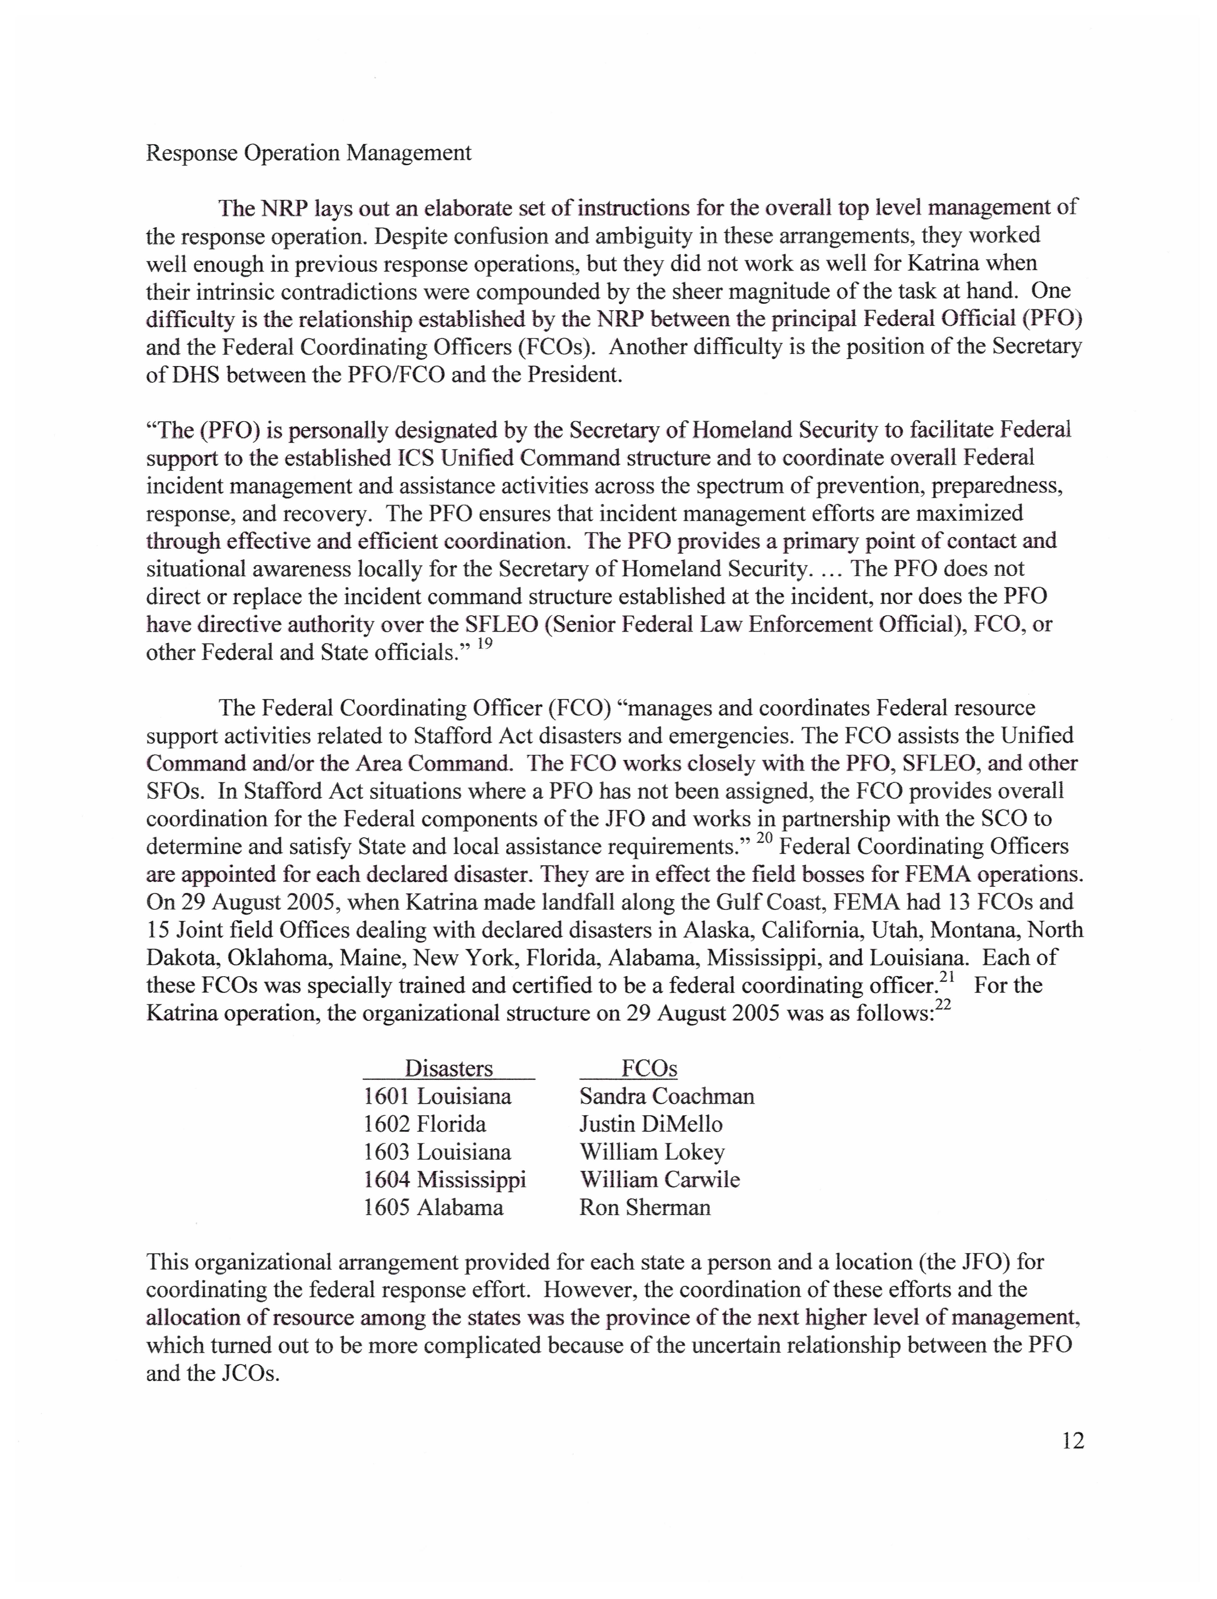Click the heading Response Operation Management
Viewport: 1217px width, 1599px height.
pos(309,153)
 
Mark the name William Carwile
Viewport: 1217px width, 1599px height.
pos(659,1179)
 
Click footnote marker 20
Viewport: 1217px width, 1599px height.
pos(764,838)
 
